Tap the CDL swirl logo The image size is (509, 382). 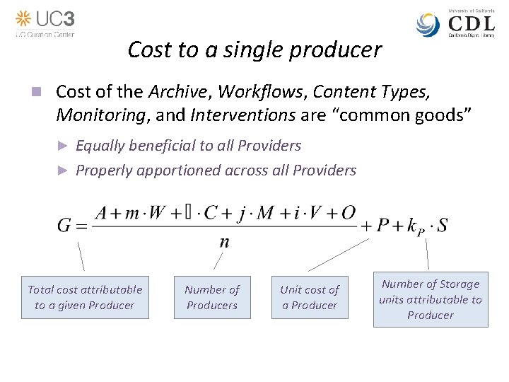[428, 25]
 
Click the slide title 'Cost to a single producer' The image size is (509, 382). [255, 50]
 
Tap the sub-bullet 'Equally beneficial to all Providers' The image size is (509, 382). [188, 146]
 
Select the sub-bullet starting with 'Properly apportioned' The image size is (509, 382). [216, 170]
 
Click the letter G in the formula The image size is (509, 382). [64, 226]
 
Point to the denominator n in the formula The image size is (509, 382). [224, 242]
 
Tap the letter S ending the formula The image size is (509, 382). [441, 226]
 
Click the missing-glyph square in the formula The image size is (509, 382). [186, 213]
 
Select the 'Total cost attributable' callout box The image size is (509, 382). [85, 297]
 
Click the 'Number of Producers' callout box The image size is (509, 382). [212, 297]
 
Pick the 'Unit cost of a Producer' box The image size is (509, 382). [310, 297]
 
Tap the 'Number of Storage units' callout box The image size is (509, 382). [431, 299]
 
